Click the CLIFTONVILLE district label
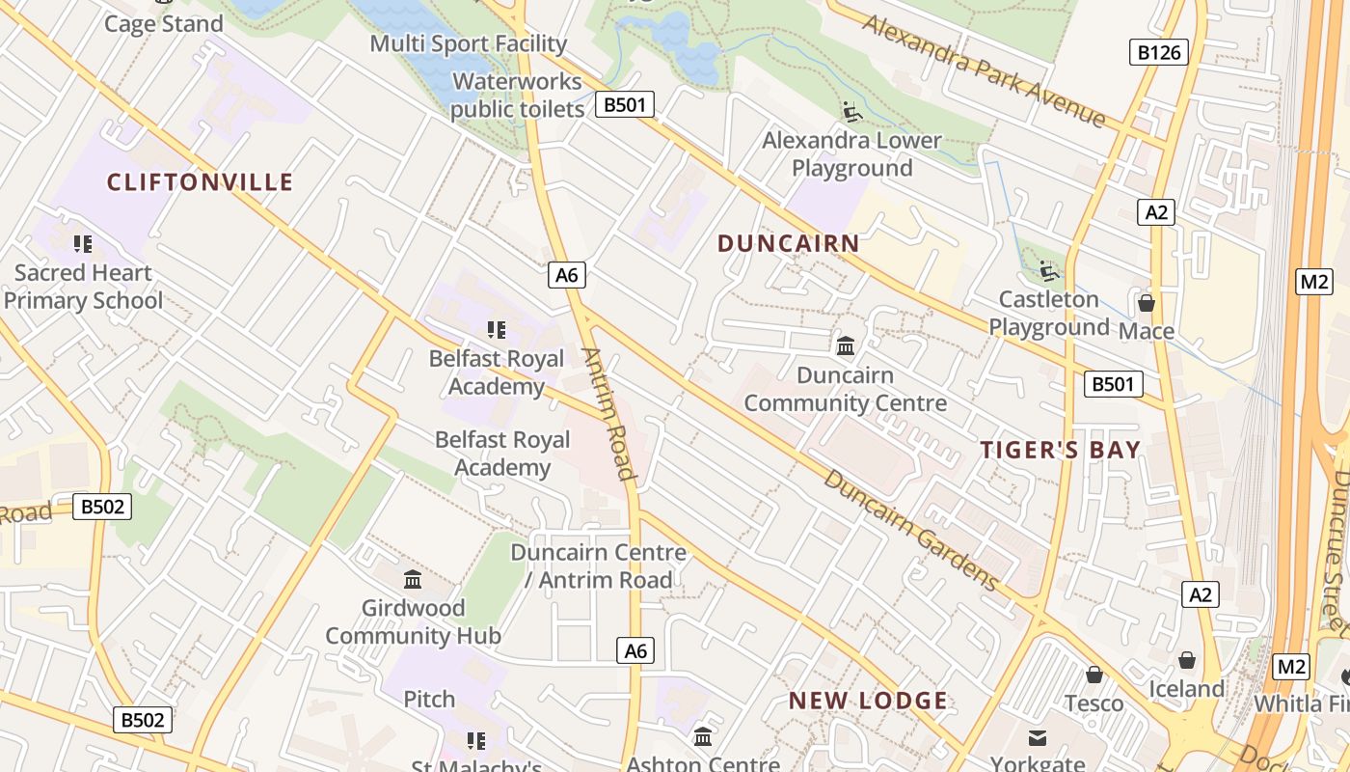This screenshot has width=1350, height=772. point(200,182)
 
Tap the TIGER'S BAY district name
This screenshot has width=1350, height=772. point(1061,450)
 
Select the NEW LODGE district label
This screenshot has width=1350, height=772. point(868,702)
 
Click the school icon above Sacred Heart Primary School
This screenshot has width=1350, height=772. point(83,244)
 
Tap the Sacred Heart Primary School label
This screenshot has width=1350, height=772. point(83,287)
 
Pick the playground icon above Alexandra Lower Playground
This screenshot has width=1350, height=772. point(852,113)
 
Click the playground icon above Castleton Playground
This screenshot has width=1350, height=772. point(1049,271)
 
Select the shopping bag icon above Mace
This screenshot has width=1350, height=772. point(1147,304)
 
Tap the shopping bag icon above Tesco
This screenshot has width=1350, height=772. point(1093,675)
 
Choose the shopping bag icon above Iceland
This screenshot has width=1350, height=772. point(1186,660)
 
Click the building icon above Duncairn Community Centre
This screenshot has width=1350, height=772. point(846,345)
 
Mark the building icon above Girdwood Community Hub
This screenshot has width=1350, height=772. point(413,579)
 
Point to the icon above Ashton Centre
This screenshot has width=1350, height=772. point(703,737)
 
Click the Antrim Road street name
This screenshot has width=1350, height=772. point(609,414)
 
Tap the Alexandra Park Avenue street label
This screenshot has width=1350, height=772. point(984,70)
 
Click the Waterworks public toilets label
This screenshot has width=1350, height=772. point(518,96)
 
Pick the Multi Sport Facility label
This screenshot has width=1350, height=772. point(469,43)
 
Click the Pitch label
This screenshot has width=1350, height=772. point(429,699)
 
